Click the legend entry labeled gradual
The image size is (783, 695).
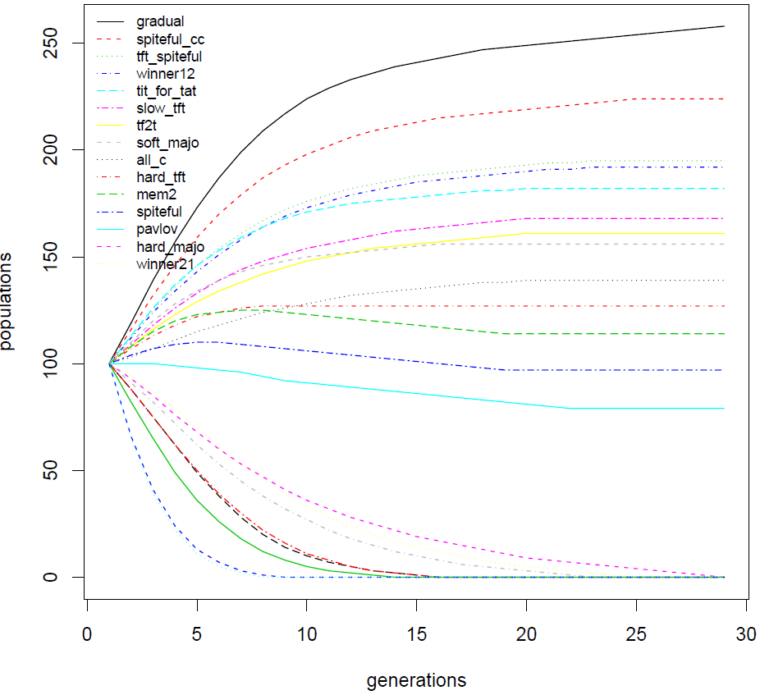coord(159,21)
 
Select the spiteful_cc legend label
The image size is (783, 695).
coord(170,39)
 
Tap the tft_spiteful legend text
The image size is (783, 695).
coord(169,57)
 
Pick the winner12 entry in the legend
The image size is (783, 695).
coord(165,74)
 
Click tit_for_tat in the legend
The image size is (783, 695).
coord(166,91)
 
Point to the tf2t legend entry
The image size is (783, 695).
coord(149,126)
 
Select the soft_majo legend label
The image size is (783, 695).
coord(167,143)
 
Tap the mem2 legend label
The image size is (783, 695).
coord(155,194)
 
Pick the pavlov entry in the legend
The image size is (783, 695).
coord(156,230)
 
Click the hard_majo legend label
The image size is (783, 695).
coord(170,247)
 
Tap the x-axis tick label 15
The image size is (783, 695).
coord(417,633)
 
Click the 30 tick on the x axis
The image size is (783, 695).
coord(746,633)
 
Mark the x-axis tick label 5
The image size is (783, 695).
coord(197,633)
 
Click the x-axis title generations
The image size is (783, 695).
coord(416,680)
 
